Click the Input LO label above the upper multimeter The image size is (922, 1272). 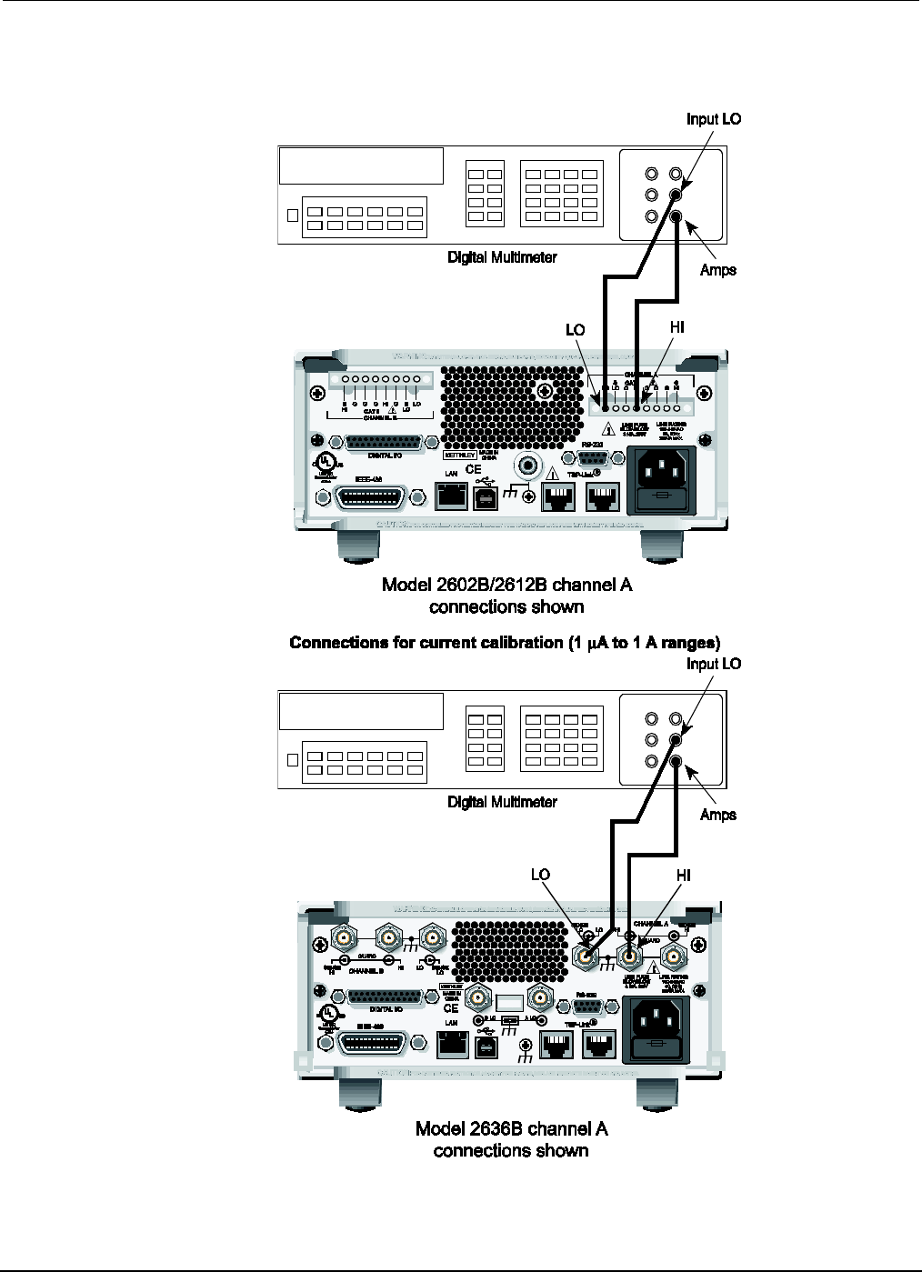[713, 119]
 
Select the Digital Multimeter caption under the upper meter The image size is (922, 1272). [502, 257]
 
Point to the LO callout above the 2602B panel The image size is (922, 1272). [576, 330]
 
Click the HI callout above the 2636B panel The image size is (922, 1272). [683, 875]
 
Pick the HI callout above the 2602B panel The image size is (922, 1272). [676, 327]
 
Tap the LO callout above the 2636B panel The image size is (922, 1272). [541, 875]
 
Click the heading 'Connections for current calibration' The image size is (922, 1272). [505, 643]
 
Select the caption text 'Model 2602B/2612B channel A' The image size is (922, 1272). [506, 585]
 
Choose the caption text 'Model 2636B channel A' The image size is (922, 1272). [511, 1129]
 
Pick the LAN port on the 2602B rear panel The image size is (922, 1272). [451, 496]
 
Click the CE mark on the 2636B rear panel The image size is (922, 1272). [451, 1008]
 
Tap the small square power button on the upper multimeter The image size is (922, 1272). [292, 215]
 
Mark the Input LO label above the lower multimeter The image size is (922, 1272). [713, 664]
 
